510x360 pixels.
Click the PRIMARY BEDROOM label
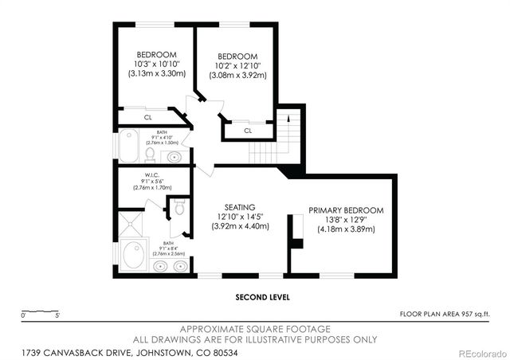click(x=346, y=210)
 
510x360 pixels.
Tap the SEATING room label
click(x=240, y=207)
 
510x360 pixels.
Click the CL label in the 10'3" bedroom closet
click(x=148, y=117)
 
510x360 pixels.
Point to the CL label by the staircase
click(x=247, y=131)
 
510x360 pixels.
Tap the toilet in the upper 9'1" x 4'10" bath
click(x=150, y=153)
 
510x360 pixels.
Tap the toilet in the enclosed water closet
click(x=179, y=209)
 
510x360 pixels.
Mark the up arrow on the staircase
click(x=288, y=118)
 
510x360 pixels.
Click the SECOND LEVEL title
click(x=262, y=297)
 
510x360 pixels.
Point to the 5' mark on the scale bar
click(x=57, y=315)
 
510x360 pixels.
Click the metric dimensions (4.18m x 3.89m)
click(x=346, y=229)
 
